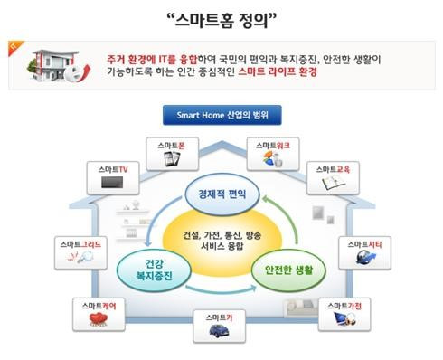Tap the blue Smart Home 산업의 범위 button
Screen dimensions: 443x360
pos(221,116)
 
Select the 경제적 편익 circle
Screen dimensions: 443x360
pos(222,194)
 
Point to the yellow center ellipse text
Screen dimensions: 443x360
pos(222,240)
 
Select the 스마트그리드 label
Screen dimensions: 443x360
pos(79,244)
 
